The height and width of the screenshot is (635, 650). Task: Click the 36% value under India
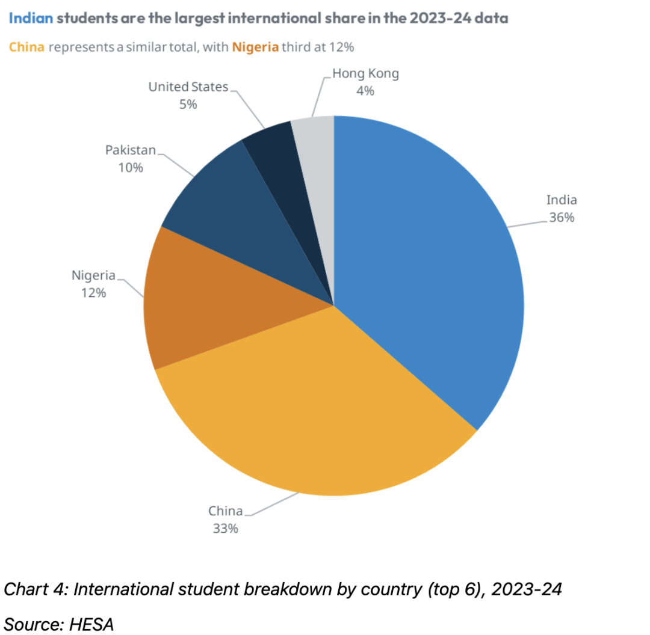pyautogui.click(x=561, y=218)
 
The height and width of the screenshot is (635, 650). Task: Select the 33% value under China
pyautogui.click(x=225, y=529)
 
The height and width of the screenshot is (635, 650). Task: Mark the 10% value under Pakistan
pyautogui.click(x=131, y=168)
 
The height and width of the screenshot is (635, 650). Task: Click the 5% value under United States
pyautogui.click(x=188, y=105)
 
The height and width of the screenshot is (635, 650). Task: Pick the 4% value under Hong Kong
pyautogui.click(x=365, y=91)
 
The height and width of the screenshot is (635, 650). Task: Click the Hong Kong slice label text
pyautogui.click(x=365, y=75)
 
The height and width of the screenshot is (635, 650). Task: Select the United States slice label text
pyautogui.click(x=188, y=87)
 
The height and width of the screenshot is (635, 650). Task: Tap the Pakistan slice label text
pyautogui.click(x=131, y=150)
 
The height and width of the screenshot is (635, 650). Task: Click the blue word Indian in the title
pyautogui.click(x=31, y=19)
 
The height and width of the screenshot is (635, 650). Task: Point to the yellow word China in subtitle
pyautogui.click(x=26, y=48)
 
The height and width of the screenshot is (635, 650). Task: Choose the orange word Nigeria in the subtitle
pyautogui.click(x=255, y=48)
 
